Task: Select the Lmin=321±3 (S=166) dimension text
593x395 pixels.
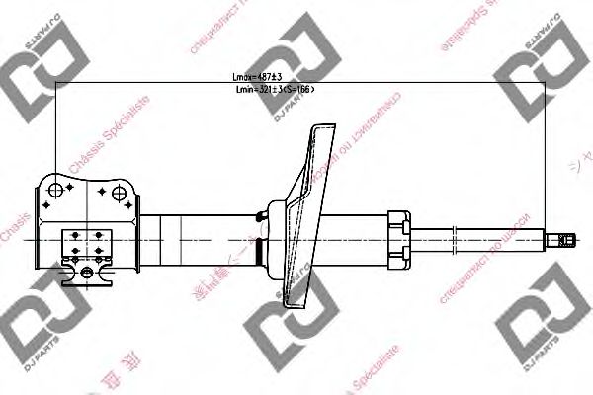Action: [x=274, y=90]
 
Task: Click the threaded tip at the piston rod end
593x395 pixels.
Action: [x=566, y=238]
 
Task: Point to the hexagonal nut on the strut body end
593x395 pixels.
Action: [x=398, y=237]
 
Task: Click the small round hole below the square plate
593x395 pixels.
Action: [x=86, y=271]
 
